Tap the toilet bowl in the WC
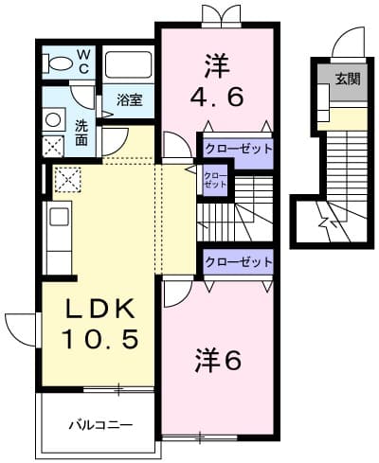[x=60, y=64]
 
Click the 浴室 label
[x=130, y=100]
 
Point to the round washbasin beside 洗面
[x=53, y=121]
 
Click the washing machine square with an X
[x=53, y=145]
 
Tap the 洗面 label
[x=81, y=133]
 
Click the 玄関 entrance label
[x=346, y=79]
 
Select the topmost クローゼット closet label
[x=238, y=149]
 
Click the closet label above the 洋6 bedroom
[x=238, y=261]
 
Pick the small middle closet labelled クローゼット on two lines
[x=215, y=180]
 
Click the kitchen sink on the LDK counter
[x=59, y=217]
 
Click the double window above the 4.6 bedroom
[x=217, y=14]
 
